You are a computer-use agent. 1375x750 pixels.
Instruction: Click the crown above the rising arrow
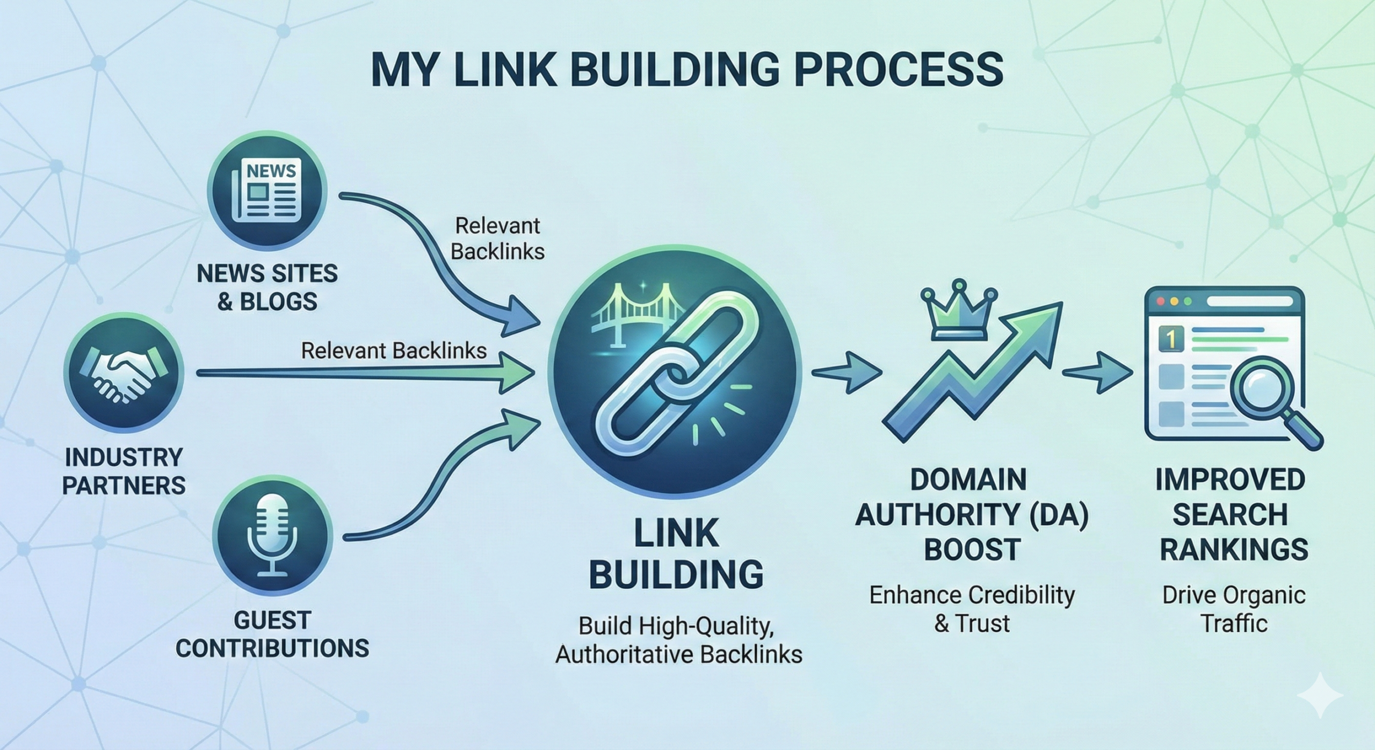click(959, 314)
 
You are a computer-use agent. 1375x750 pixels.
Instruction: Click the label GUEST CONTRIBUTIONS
click(272, 634)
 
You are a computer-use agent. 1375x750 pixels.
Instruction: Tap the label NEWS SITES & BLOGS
click(267, 287)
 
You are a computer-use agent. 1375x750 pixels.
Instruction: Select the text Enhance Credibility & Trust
click(972, 609)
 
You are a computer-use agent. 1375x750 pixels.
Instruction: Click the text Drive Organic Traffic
click(1234, 609)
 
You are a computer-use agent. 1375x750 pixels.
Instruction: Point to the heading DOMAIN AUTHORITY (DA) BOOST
click(972, 514)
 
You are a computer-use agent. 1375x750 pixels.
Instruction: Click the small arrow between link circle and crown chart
click(848, 372)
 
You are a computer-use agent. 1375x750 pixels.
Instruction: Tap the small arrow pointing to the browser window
click(1097, 372)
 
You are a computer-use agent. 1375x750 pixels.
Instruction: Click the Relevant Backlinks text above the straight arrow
click(394, 351)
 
